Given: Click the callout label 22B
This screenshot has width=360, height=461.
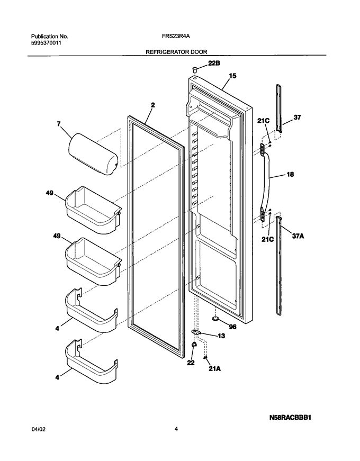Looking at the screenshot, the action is (x=214, y=63).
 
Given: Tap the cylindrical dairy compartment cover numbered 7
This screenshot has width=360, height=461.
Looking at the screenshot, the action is (x=93, y=154).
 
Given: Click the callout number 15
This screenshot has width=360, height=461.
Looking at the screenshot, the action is (x=232, y=76).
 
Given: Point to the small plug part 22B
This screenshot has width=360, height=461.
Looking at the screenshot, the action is (x=195, y=69).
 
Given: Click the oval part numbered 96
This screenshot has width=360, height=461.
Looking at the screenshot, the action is (x=216, y=319).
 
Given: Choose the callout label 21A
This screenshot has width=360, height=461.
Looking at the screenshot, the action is (x=214, y=368).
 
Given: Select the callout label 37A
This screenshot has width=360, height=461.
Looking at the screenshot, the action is (x=298, y=236).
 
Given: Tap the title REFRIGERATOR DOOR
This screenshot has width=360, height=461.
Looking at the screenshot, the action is (x=176, y=52).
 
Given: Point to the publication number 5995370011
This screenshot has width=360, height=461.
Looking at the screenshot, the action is (x=47, y=43).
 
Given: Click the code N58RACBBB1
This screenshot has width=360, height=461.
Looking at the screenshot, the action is (x=290, y=417).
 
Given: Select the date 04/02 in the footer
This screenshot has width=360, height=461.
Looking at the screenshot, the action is (x=38, y=429).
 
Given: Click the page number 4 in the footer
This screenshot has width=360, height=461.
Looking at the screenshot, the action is (x=176, y=429).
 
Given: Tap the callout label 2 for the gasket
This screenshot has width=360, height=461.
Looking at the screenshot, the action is (x=153, y=105).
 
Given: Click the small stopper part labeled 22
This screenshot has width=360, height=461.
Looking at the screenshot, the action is (x=194, y=345).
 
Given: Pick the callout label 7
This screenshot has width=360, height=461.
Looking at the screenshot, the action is (x=59, y=124).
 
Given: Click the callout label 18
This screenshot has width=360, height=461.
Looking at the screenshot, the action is (x=290, y=174).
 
